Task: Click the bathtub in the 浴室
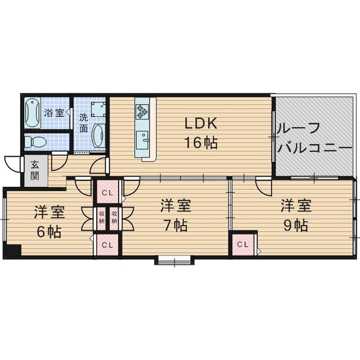point(33,113)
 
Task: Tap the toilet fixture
point(35,142)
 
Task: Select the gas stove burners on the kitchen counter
point(142,112)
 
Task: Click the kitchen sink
point(142,140)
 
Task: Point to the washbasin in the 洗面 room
point(98,136)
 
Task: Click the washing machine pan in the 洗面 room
point(98,110)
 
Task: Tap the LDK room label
point(201,124)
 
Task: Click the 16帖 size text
point(201,142)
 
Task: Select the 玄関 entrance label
point(35,170)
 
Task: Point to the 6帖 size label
point(49,232)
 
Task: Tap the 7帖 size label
point(175,226)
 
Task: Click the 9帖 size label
point(296,225)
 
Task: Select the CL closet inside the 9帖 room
point(243,244)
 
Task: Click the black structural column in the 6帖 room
point(13,250)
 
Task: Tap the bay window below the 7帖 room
point(174,260)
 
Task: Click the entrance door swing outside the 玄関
point(12,164)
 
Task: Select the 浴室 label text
point(54,113)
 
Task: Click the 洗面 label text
point(84,124)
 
